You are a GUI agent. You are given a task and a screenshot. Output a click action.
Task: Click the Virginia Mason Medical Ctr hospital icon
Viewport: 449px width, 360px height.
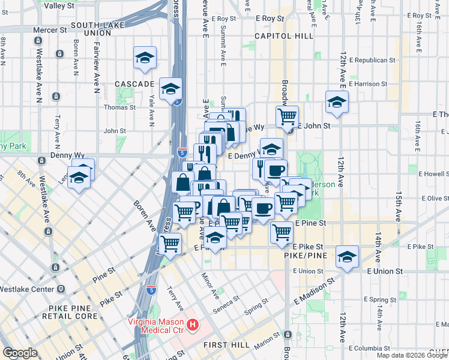tap(193, 326)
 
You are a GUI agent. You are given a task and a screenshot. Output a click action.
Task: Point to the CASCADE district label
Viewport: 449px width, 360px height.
tap(134, 84)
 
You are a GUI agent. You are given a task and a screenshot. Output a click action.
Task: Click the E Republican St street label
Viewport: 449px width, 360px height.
tap(372, 60)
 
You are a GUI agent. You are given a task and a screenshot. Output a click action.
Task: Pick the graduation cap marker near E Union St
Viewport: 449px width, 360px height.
tap(347, 257)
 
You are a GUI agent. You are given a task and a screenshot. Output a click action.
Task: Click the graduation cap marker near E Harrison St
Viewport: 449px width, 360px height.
tap(337, 101)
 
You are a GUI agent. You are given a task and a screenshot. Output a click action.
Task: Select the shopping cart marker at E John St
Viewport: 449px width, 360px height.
tap(288, 115)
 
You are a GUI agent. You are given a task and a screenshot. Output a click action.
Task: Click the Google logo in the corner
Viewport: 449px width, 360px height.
tap(19, 353)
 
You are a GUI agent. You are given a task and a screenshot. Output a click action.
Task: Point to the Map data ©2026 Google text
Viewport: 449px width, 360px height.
tap(412, 355)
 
